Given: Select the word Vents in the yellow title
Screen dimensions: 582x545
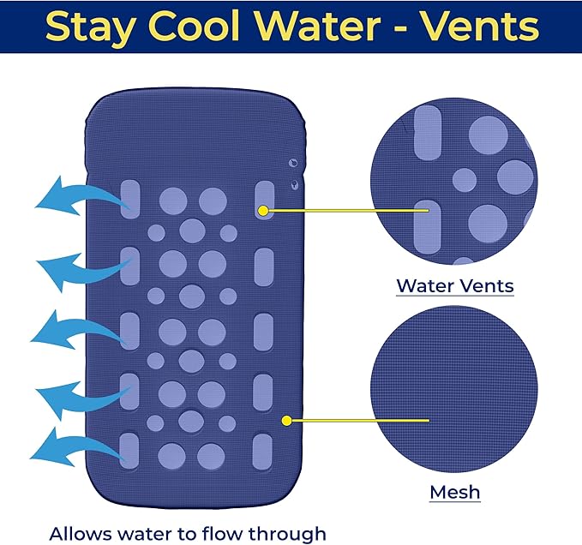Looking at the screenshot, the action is pos(481,26).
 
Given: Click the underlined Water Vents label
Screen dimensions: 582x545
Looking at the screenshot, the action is pos(455,286).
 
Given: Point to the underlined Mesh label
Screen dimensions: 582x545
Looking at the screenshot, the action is pos(455,493).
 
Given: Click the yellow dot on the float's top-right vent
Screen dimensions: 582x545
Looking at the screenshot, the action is pos(263,211).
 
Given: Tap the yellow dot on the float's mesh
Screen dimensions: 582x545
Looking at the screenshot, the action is pos(286,421).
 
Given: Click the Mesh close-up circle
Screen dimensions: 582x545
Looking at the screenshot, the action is pos(454,389).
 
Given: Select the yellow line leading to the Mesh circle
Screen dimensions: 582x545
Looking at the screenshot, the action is pos(360,421).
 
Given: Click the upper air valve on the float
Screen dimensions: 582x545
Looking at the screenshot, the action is pos(293,163).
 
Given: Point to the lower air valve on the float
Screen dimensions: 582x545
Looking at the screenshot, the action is pos(294,184).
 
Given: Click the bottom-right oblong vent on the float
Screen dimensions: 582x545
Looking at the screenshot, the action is pos(262,452).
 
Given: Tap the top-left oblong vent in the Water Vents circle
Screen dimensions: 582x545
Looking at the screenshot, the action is pos(428,133).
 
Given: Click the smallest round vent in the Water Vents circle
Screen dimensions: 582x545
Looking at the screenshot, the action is pos(465,180).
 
